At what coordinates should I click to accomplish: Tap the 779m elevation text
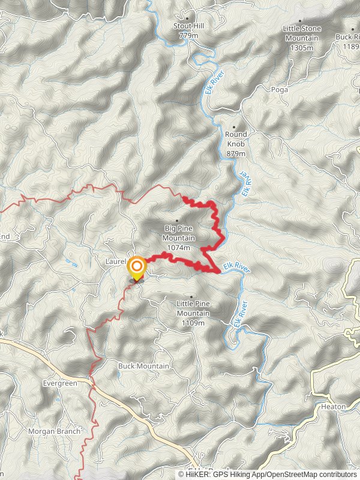pos(188,36)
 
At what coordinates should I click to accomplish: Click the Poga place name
pos(280,89)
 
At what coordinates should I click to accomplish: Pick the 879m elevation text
pos(236,154)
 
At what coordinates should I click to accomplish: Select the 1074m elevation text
pos(179,248)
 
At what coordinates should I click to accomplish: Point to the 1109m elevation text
pos(193,323)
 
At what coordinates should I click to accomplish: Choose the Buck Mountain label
pos(143,366)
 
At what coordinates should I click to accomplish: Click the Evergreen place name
pos(60,383)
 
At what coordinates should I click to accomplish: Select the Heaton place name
pos(333,407)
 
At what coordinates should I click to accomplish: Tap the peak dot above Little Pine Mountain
pos(191,296)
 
